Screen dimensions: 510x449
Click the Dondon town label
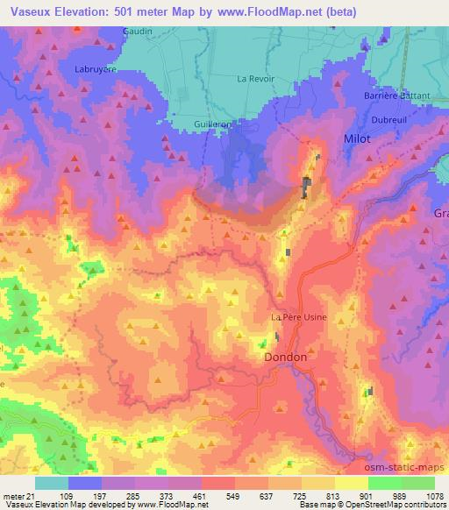point(286,358)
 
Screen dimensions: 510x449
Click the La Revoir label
point(256,79)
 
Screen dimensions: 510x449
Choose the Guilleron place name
point(213,124)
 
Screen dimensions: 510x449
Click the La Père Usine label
point(298,316)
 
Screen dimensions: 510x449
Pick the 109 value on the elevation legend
point(65,495)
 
